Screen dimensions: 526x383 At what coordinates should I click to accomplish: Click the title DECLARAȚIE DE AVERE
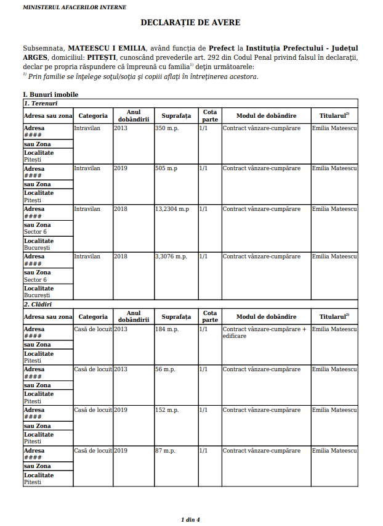point(190,23)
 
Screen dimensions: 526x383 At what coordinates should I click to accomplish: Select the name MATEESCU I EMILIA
point(107,48)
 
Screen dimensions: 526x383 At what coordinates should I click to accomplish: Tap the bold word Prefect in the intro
point(222,48)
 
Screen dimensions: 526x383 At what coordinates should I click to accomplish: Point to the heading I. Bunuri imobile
point(50,94)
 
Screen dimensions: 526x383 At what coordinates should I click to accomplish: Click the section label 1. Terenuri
point(41,103)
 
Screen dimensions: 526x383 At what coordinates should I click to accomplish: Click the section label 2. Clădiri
point(39,305)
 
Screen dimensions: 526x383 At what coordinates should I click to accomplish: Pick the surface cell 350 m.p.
point(166,128)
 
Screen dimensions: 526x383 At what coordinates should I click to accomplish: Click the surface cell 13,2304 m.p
point(172,209)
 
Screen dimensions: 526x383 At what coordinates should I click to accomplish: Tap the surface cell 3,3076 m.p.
point(171,257)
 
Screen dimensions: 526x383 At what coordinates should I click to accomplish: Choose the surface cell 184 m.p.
point(166,329)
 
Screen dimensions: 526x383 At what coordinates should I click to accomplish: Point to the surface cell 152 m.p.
point(166,410)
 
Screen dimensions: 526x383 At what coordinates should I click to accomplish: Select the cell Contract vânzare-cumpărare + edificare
point(264,332)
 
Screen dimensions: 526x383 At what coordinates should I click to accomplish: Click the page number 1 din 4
point(190,519)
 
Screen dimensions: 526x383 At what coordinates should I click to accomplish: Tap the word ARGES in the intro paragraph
point(35,57)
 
